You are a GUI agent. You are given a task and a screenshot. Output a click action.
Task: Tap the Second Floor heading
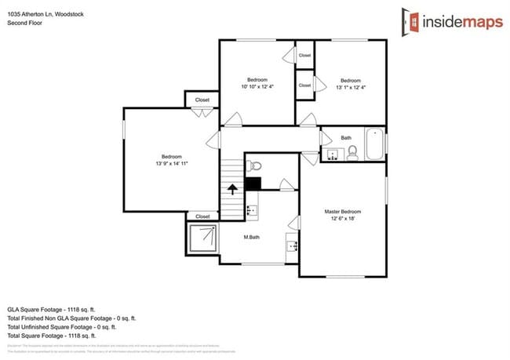[x=25, y=24]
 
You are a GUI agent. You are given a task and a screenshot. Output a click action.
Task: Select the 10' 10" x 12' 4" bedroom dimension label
[x=257, y=87]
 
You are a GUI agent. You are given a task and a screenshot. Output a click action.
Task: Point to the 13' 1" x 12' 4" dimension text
[x=350, y=87]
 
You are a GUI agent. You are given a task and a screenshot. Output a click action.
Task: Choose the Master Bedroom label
[x=343, y=211]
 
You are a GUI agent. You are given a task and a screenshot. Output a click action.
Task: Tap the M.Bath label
[x=252, y=237]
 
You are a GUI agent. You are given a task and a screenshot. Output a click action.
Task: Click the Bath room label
[x=346, y=138]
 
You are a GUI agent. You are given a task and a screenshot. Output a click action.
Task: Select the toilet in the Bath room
[x=352, y=152]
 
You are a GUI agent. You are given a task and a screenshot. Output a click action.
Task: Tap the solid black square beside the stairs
[x=253, y=184]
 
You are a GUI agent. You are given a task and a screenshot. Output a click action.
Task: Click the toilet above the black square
[x=253, y=165]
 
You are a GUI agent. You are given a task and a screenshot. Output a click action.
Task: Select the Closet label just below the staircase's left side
[x=202, y=216]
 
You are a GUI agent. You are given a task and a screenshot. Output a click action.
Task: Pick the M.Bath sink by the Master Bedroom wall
[x=293, y=245]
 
